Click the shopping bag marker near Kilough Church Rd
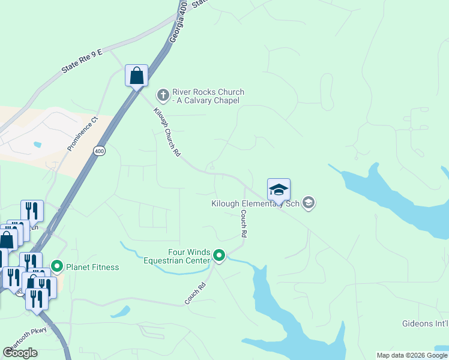coord(137,76)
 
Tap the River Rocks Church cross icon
coord(163,95)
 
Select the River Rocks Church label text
coord(208,96)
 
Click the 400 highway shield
coord(99,151)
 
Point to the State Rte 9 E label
coord(82,62)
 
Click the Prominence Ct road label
coord(83,134)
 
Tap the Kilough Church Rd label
coord(167,132)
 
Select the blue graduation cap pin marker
coord(279,190)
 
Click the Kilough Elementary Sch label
coord(255,203)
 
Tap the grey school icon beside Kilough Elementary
coord(309,203)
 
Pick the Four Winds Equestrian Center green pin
coord(220,256)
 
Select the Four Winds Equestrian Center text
coord(177,256)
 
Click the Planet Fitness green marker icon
coord(58,265)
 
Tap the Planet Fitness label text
coord(92,267)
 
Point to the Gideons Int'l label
coord(425,324)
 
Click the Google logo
coord(20,353)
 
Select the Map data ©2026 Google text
coord(412,355)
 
